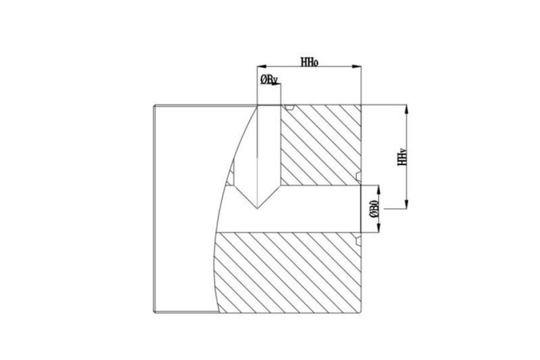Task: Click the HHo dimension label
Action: pyautogui.click(x=309, y=62)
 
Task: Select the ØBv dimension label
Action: pyautogui.click(x=269, y=80)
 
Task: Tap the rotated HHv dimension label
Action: pyautogui.click(x=402, y=157)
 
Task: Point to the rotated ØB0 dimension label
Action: pyautogui.click(x=374, y=209)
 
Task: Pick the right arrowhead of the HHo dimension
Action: pyautogui.click(x=356, y=66)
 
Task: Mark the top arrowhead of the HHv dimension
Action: pyautogui.click(x=407, y=110)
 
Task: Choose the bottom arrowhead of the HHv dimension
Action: pyautogui.click(x=407, y=203)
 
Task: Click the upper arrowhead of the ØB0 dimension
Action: pyautogui.click(x=379, y=190)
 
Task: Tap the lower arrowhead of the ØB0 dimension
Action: pyautogui.click(x=379, y=228)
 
